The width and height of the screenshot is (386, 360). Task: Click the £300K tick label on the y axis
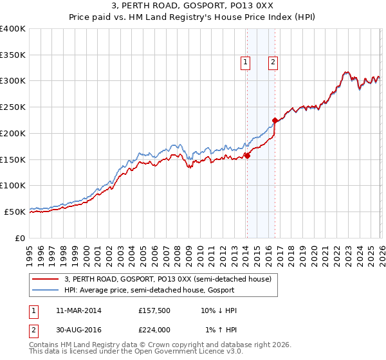tap(13, 81)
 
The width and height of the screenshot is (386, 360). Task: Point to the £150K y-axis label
tap(13, 159)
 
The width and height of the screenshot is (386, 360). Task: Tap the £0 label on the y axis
tap(19, 237)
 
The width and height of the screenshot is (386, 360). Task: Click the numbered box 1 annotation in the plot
tap(246, 62)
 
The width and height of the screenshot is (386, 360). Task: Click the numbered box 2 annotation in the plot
tap(273, 62)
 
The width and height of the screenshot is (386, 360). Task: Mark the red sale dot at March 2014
tap(247, 156)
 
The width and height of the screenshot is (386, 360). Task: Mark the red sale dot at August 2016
tap(275, 120)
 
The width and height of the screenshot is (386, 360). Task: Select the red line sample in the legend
tap(46, 279)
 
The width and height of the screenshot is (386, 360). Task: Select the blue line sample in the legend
tap(46, 290)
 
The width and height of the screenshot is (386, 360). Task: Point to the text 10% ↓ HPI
tap(219, 310)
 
